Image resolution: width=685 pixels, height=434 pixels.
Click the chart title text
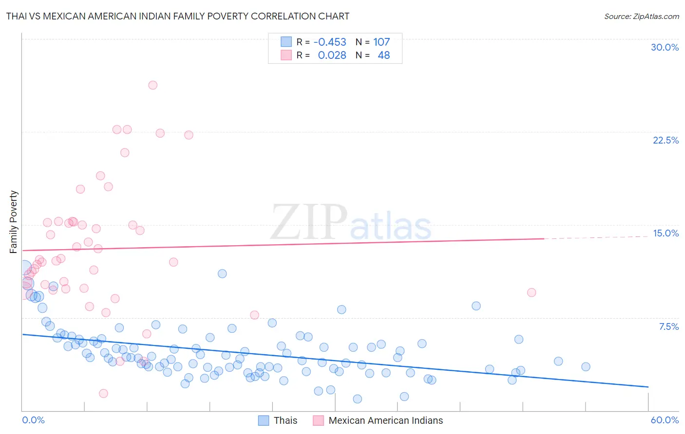[x=178, y=16]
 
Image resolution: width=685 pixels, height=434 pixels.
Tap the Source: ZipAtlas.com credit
[x=641, y=16]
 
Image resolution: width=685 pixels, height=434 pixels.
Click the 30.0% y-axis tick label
[x=665, y=47]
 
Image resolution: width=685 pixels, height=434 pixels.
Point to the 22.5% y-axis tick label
[x=666, y=140]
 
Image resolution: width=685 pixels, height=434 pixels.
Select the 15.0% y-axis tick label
[x=666, y=233]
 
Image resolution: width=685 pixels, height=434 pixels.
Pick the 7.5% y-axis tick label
[x=668, y=326]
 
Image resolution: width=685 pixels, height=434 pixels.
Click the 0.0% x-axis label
[x=33, y=420]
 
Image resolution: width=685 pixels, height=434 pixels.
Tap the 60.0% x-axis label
[x=665, y=420]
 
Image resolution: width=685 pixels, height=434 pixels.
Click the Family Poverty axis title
[x=14, y=222]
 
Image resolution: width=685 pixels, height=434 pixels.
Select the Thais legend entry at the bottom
[x=285, y=420]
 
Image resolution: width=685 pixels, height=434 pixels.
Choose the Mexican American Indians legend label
[x=385, y=420]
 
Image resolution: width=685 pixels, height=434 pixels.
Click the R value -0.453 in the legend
[x=330, y=42]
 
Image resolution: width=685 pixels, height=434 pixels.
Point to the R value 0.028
[x=332, y=55]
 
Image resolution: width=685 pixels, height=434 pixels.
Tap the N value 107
[x=381, y=42]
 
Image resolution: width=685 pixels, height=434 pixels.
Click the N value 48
[x=383, y=55]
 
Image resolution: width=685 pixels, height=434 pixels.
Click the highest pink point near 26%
[x=152, y=85]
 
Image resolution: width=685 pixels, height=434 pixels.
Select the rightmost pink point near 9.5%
[x=532, y=292]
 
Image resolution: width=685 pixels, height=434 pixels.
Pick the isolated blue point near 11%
[x=222, y=273]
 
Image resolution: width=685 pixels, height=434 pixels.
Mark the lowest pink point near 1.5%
[x=103, y=393]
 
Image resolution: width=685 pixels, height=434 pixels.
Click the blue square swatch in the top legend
[x=286, y=42]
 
